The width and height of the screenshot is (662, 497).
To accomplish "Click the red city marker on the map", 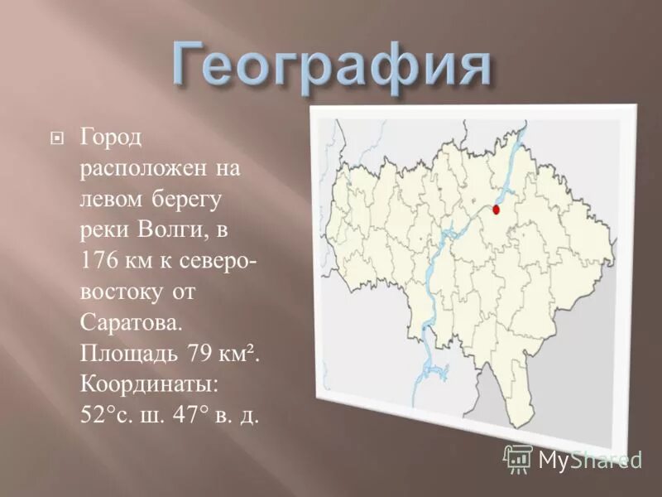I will click(x=496, y=209).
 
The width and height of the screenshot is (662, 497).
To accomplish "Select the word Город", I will click(x=112, y=136).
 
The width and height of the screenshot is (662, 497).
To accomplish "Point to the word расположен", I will click(x=141, y=167).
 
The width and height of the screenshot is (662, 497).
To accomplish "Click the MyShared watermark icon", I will click(x=518, y=458).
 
